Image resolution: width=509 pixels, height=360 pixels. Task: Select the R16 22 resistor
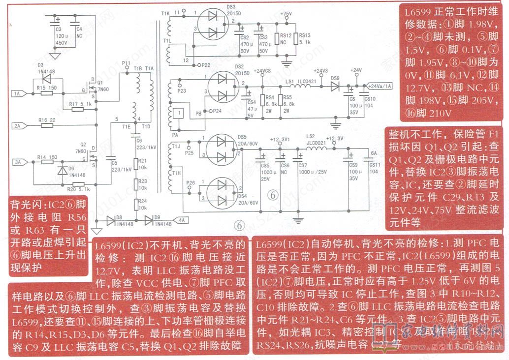pyautogui.click(x=47, y=125)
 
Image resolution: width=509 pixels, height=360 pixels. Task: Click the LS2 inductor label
pyautogui.click(x=310, y=136)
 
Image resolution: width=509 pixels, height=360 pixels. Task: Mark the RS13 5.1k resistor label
pyautogui.click(x=304, y=35)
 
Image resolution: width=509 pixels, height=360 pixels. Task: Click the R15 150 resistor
pyautogui.click(x=47, y=93)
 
